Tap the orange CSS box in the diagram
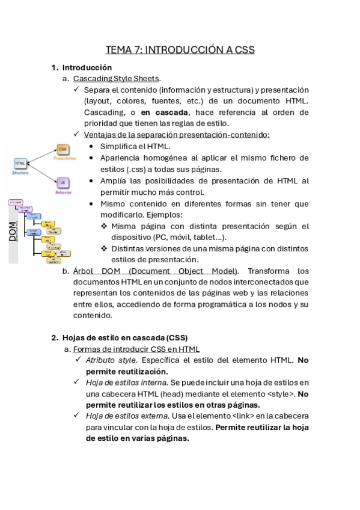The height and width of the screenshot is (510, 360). (x=63, y=148)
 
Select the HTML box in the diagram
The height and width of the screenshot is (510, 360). (x=20, y=162)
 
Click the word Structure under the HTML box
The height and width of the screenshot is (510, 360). (x=20, y=173)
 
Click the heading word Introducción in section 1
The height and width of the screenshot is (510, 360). (x=87, y=67)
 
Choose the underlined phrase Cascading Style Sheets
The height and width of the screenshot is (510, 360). (x=117, y=78)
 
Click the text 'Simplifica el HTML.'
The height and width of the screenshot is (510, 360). (x=135, y=146)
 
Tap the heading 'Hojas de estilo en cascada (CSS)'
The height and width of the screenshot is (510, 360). (x=125, y=337)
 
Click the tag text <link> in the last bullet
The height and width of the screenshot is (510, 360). (x=243, y=416)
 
